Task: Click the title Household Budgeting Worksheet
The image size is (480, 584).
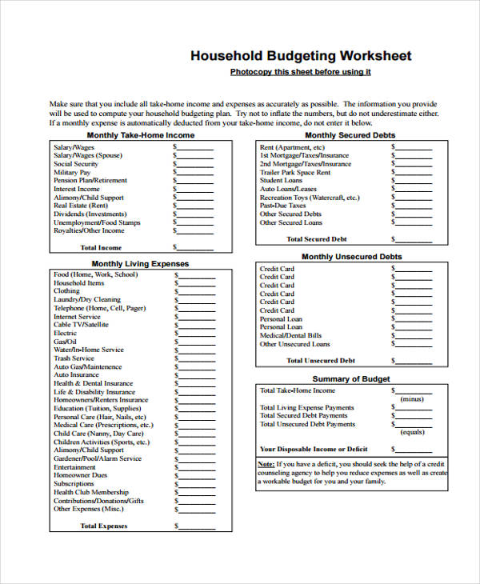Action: (x=301, y=56)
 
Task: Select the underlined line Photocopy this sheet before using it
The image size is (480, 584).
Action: (x=300, y=72)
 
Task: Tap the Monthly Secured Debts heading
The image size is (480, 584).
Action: (x=350, y=135)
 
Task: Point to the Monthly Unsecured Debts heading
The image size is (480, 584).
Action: (x=351, y=257)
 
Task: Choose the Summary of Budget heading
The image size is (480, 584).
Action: (x=351, y=378)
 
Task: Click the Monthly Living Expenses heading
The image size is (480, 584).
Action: (x=140, y=263)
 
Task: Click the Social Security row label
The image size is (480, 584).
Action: (x=76, y=164)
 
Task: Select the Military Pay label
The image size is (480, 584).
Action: (x=72, y=172)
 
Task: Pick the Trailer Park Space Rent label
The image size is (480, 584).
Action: (x=295, y=172)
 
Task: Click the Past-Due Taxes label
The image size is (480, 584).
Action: (x=284, y=206)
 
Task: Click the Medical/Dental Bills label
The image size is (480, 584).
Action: (x=291, y=335)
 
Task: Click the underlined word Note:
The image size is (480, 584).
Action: (x=266, y=464)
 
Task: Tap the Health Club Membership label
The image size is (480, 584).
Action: (x=91, y=492)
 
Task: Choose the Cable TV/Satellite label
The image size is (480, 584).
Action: (x=82, y=325)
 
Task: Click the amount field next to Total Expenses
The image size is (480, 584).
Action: (x=197, y=527)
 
